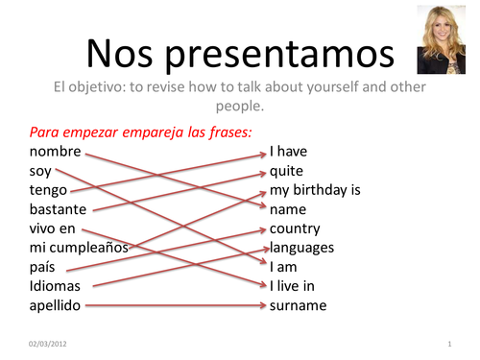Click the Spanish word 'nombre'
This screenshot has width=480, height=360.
click(56, 152)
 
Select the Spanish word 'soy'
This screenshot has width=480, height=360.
click(41, 171)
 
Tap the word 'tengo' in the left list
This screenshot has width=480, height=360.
click(49, 190)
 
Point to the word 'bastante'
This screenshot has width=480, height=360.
click(59, 209)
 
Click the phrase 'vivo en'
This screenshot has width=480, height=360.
click(53, 228)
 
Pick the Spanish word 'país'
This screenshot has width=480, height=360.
click(44, 267)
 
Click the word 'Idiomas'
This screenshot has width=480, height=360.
click(56, 286)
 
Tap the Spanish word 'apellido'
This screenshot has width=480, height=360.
click(56, 305)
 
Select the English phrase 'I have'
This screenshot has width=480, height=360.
click(289, 152)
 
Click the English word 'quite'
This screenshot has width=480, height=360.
click(286, 171)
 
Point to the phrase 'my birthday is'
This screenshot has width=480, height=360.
click(315, 190)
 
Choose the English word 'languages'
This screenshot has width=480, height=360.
click(301, 248)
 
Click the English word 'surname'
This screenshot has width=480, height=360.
click(298, 305)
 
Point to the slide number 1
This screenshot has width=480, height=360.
click(449, 343)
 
